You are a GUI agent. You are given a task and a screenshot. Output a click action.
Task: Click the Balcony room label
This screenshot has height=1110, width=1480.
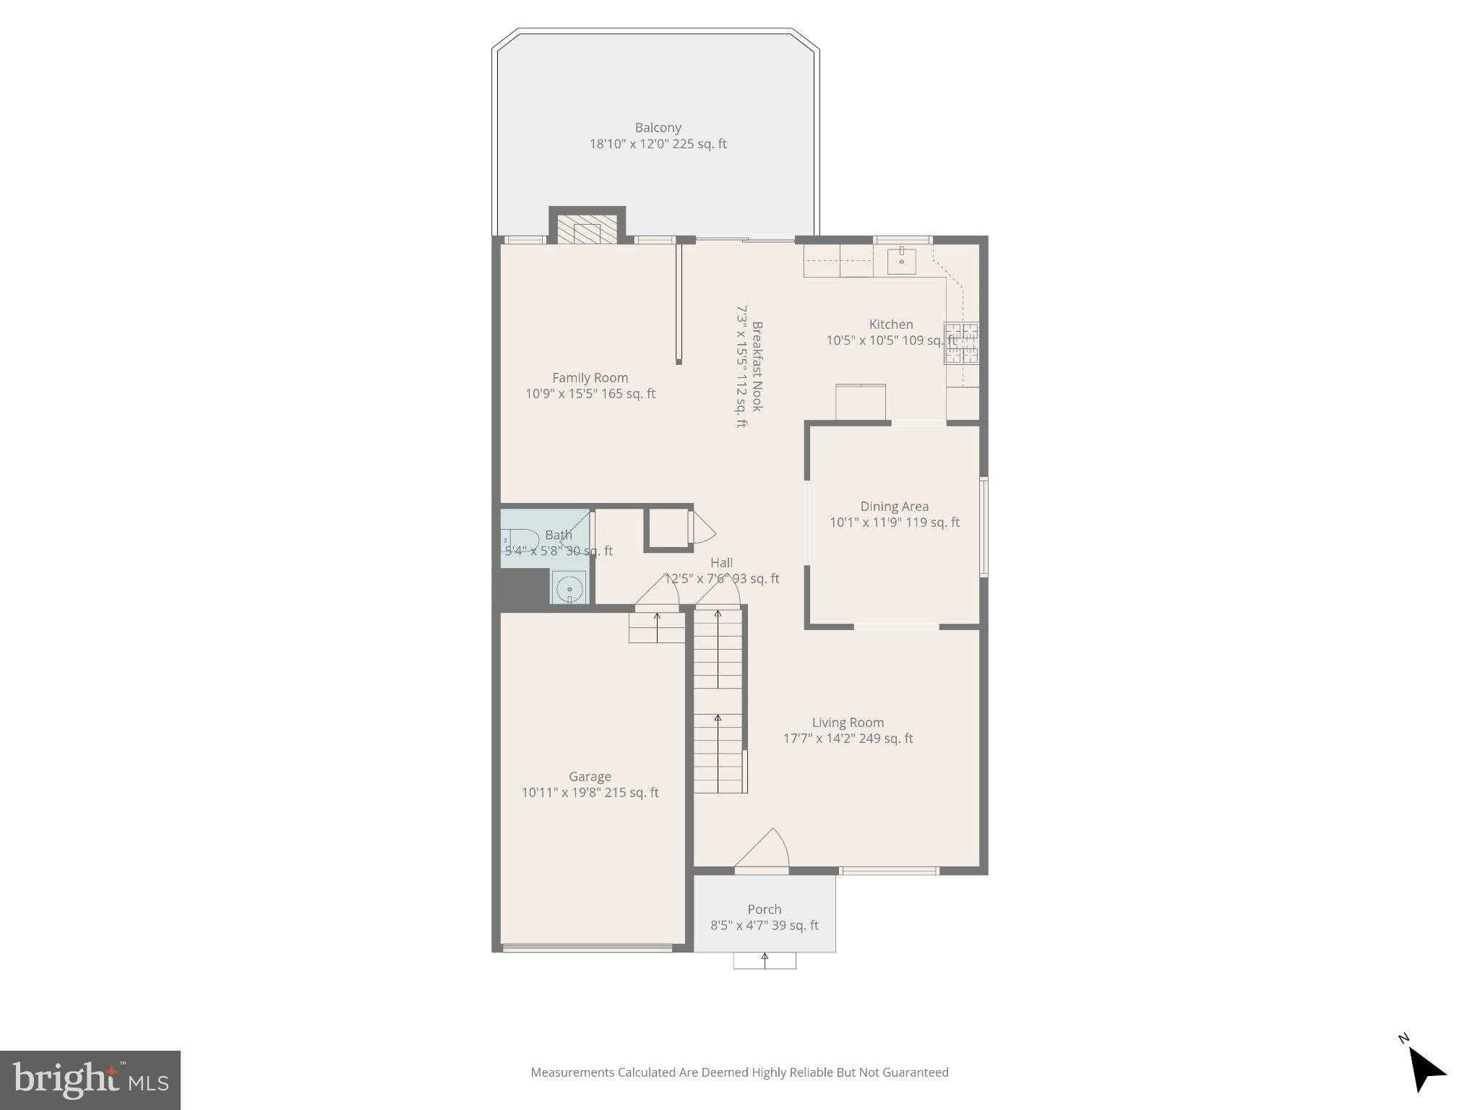point(658,128)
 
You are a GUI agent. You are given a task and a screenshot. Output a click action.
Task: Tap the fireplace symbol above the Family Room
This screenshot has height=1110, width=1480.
point(587,231)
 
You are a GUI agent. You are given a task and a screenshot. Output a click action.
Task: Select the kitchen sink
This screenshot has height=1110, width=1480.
point(901,259)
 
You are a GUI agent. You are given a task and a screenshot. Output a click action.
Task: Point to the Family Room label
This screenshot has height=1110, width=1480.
point(590,378)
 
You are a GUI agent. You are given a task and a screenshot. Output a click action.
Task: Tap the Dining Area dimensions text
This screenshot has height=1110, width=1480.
point(894,522)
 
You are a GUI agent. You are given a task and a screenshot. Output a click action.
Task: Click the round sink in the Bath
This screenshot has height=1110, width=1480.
point(569,588)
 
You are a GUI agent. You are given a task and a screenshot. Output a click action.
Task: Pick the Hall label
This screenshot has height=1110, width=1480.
point(721,563)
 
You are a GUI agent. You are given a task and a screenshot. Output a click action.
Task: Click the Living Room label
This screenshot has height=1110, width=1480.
point(848,723)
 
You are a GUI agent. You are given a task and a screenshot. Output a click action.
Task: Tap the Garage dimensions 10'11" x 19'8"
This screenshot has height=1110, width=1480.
point(590,793)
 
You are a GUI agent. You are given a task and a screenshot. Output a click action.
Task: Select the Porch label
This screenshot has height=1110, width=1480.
point(764,910)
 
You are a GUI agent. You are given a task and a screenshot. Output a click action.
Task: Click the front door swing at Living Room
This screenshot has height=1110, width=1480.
point(763,850)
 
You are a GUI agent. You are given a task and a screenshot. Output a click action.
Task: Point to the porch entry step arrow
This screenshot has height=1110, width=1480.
point(765,960)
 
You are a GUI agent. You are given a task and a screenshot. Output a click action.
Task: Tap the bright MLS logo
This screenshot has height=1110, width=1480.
point(90,1080)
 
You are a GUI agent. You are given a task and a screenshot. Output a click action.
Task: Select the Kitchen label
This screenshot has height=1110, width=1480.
point(890,324)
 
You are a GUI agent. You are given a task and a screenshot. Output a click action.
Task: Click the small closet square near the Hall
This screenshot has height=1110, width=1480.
point(667,528)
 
